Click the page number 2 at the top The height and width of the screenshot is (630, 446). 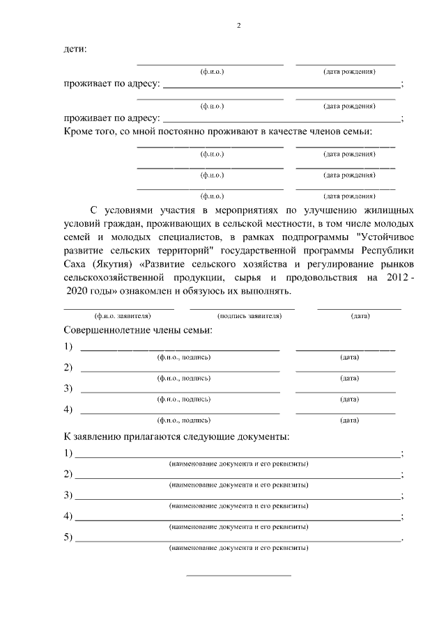click(x=239, y=26)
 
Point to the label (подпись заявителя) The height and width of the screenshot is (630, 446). click(x=242, y=316)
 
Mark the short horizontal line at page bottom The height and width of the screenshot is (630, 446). click(x=238, y=576)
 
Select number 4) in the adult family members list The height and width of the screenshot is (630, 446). click(x=68, y=409)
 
